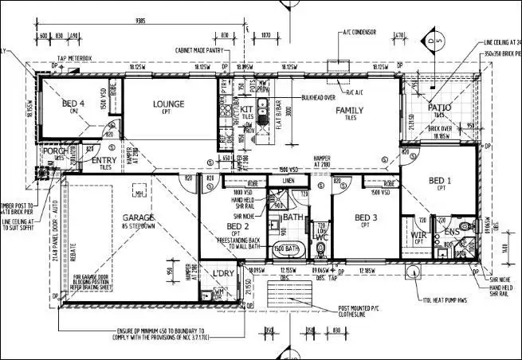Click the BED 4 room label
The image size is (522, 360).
click(73, 104)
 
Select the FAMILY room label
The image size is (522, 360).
click(349, 110)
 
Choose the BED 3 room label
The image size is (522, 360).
click(366, 217)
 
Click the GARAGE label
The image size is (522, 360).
click(138, 217)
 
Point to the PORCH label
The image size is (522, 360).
click(54, 151)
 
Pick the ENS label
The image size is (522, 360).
click(451, 232)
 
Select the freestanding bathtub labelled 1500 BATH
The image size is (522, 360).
click(286, 248)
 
